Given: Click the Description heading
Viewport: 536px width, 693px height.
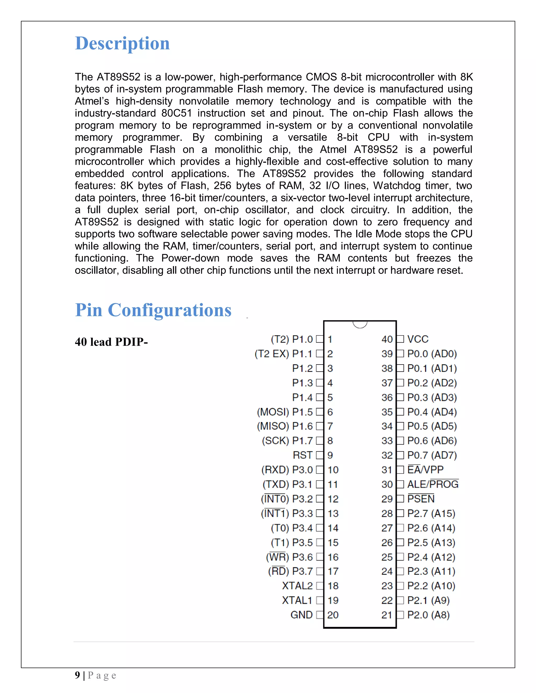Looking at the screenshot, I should tap(122, 43).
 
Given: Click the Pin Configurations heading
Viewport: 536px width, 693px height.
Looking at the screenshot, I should tap(153, 310).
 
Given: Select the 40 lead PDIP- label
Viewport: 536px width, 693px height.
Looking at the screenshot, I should tap(111, 342).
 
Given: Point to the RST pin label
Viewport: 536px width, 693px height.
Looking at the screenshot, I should tap(303, 455).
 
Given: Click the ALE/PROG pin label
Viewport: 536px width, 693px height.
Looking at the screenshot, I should tap(433, 484).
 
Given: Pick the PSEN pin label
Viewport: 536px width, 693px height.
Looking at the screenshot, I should tap(421, 499).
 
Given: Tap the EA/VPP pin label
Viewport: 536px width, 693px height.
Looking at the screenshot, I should tap(425, 470).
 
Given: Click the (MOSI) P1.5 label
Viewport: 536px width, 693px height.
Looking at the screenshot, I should tap(285, 412).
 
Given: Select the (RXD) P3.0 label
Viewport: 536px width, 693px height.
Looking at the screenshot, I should tap(287, 470).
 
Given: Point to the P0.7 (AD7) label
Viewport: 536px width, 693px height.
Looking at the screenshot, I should tap(432, 455).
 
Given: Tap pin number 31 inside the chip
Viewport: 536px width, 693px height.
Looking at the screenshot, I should tap(387, 470).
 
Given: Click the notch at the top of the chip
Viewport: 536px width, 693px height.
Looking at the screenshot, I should tap(360, 324).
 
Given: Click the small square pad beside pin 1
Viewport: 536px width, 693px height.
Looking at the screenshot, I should tap(320, 339).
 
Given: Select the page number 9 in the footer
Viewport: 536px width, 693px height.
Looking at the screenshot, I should tap(77, 675).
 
